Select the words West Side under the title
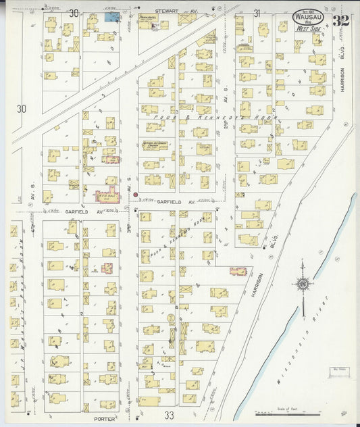tap(309, 28)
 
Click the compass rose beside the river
tap(303, 284)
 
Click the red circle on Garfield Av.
tap(136, 195)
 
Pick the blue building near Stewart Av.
tap(113, 16)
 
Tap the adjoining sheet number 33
tap(169, 413)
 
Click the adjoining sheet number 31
tap(257, 13)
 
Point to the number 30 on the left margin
tap(22, 108)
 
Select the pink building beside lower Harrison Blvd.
tap(237, 271)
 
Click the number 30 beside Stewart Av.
tap(74, 13)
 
